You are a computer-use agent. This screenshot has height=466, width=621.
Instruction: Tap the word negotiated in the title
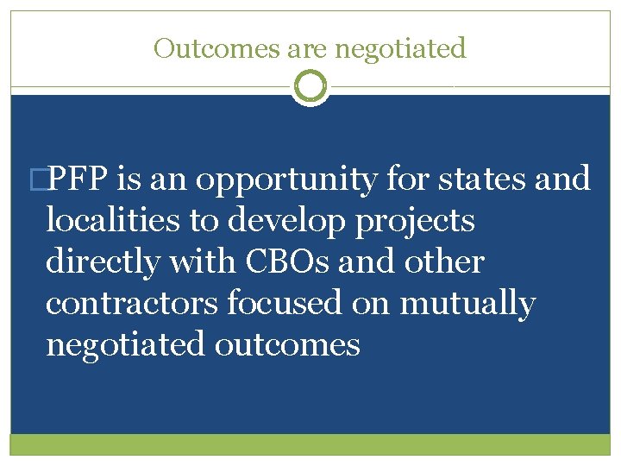click(400, 49)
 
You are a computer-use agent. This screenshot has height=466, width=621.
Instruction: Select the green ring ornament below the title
click(310, 85)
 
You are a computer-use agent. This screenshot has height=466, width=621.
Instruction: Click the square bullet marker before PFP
click(36, 179)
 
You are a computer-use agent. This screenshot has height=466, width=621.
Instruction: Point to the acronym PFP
click(77, 179)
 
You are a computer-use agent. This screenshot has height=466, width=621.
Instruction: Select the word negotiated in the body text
click(126, 346)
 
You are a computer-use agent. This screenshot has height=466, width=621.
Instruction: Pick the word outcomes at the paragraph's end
click(287, 345)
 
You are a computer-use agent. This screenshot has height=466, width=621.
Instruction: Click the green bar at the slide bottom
click(310, 444)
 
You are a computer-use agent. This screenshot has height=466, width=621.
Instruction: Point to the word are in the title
click(301, 49)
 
